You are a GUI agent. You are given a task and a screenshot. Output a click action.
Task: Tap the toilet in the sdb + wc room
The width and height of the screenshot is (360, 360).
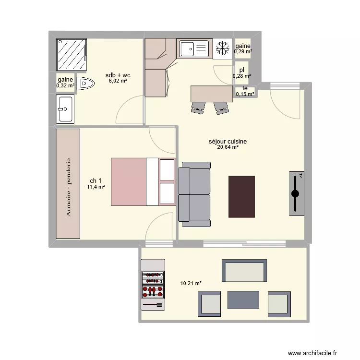(86, 84)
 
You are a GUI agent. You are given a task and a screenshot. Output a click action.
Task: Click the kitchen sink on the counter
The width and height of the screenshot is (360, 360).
(194, 48)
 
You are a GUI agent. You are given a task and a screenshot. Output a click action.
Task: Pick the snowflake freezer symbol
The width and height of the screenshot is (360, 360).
(222, 48)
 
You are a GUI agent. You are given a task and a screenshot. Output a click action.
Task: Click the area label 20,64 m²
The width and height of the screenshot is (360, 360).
(228, 148)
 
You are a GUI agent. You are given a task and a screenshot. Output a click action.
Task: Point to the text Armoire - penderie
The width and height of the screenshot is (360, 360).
(69, 187)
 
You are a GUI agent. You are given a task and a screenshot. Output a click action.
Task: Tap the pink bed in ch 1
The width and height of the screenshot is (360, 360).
(129, 181)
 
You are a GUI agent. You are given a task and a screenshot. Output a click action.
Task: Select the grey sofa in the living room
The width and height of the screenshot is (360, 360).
(194, 194)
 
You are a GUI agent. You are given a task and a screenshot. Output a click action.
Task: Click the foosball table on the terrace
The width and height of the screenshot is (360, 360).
(153, 284)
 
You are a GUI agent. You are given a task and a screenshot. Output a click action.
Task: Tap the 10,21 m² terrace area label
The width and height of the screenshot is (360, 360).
(191, 284)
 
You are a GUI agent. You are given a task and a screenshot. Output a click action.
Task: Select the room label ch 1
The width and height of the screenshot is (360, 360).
(95, 180)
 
